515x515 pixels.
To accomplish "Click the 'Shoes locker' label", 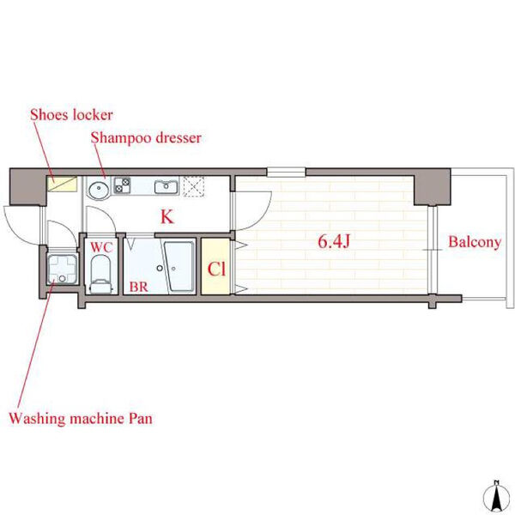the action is click(71, 115).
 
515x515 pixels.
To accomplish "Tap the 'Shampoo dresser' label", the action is click(146, 138).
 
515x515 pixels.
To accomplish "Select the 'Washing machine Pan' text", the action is click(81, 419).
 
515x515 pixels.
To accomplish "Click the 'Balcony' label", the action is click(475, 242).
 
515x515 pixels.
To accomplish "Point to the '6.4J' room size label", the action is click(334, 241).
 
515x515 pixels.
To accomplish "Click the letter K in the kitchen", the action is click(167, 216).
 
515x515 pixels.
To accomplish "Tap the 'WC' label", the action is click(101, 247).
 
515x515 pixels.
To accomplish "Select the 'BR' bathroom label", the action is click(138, 287).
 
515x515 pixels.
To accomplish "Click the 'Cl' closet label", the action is click(216, 269).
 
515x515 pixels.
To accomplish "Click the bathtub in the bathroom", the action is click(179, 266).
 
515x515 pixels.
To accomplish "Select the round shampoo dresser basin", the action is click(98, 190).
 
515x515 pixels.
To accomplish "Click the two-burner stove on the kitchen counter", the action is click(122, 185).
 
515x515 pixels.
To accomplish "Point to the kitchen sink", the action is click(167, 186).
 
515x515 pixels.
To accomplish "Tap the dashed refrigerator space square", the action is click(194, 186).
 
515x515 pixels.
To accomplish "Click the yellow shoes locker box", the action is click(62, 184).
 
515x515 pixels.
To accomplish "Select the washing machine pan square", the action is click(63, 270).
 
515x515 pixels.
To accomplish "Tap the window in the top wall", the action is click(286, 173).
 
